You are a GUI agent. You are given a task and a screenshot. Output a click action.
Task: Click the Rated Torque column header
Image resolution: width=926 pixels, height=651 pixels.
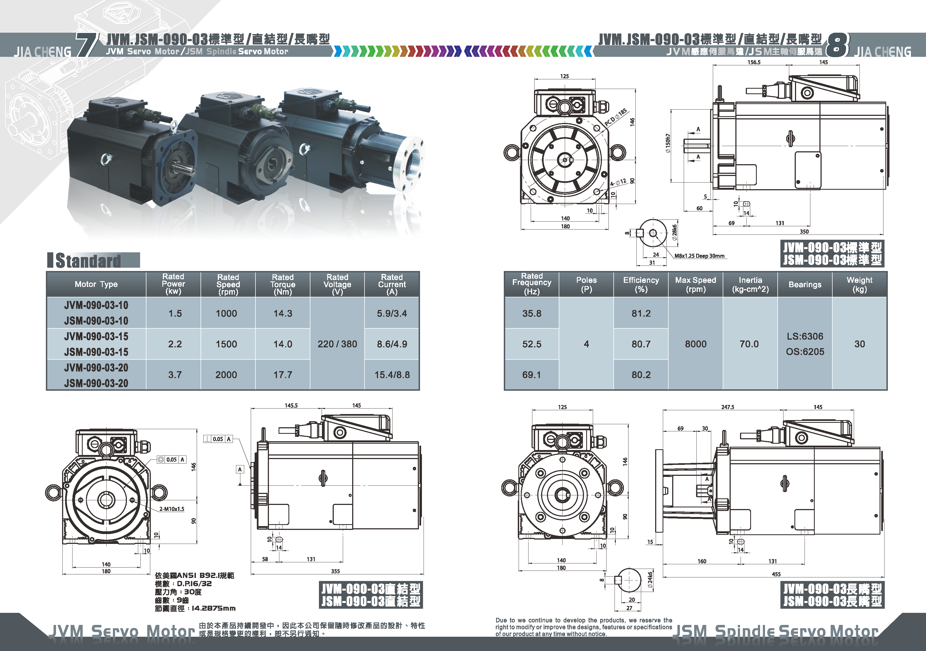click(x=283, y=284)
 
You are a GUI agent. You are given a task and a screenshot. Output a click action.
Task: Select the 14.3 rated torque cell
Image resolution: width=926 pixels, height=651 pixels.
click(x=283, y=313)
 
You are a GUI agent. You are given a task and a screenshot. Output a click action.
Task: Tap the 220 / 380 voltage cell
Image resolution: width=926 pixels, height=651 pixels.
click(x=337, y=344)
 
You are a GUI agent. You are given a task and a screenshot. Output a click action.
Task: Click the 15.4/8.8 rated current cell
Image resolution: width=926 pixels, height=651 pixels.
click(x=392, y=375)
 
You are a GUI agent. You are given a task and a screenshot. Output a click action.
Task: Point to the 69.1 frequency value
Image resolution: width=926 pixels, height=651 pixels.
click(x=532, y=375)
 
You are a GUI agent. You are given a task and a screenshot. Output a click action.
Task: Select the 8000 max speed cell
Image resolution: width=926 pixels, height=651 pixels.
click(x=696, y=344)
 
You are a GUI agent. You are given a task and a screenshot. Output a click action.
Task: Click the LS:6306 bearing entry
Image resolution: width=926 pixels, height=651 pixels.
click(x=805, y=336)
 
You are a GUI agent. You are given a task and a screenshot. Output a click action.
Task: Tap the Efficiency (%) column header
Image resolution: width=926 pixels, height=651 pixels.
click(x=641, y=284)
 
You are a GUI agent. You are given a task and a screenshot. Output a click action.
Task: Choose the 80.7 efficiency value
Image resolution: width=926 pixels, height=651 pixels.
click(x=641, y=344)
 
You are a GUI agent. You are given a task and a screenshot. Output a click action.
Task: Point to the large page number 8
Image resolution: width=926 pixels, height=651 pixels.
click(x=837, y=45)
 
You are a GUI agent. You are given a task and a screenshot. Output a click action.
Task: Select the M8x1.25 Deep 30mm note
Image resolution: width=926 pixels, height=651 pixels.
click(x=699, y=256)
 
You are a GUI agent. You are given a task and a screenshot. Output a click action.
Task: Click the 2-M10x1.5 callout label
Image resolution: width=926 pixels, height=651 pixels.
click(x=172, y=509)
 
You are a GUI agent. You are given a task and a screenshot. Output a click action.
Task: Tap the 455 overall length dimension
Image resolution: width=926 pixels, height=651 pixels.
click(x=776, y=574)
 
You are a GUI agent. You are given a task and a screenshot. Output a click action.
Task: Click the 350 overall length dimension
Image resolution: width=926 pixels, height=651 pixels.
click(x=804, y=231)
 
